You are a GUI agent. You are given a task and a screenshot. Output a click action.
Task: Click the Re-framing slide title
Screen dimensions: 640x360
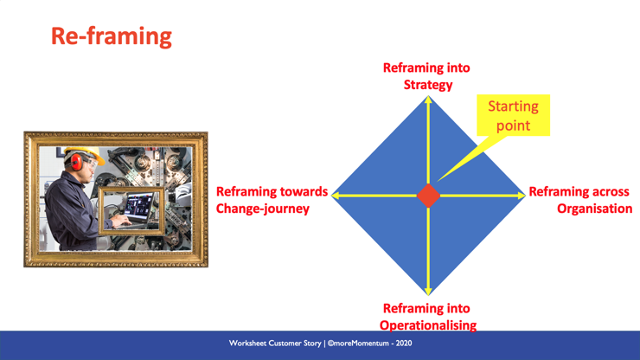coord(112,36)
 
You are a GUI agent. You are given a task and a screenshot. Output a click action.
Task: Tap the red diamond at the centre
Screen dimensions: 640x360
coord(428,196)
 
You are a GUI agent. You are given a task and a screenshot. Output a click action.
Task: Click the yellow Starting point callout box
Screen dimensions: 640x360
coord(513,115)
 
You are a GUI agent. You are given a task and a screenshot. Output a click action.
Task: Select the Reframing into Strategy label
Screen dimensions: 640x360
coord(427,76)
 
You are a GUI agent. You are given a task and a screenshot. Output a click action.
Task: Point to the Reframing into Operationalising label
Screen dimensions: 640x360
coord(428,317)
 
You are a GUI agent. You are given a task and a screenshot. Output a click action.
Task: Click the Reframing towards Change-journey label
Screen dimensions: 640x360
coord(272,200)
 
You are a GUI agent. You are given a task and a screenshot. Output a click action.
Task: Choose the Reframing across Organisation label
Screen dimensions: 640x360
coord(580,200)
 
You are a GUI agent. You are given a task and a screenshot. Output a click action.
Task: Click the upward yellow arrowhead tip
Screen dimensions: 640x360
coord(428,96)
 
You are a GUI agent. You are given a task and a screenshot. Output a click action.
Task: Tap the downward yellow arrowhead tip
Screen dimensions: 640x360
coord(428,295)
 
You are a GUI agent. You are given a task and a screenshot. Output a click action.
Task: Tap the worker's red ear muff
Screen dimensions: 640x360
coord(76,162)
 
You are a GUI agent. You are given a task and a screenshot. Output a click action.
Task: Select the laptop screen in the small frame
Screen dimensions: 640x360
coord(138,204)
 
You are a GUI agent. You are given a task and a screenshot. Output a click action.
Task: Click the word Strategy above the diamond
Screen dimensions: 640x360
coord(428,85)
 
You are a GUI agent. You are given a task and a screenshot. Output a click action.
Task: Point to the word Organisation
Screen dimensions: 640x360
coord(595,209)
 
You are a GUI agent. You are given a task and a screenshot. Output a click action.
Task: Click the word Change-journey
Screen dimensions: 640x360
coord(262,209)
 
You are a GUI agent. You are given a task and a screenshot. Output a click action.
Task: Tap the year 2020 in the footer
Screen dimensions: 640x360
coord(403,344)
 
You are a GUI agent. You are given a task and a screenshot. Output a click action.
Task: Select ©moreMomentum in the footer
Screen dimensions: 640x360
coord(358,344)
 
